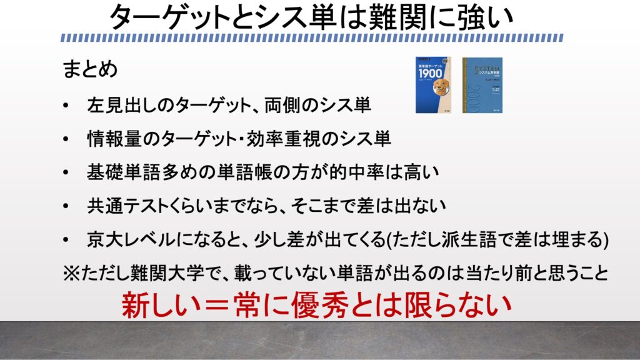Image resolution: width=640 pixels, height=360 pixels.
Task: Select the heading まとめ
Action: [x=90, y=69]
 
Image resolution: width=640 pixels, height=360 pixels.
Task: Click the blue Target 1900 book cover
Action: [x=433, y=85]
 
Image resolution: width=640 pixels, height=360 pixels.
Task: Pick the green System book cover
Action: [x=482, y=85]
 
